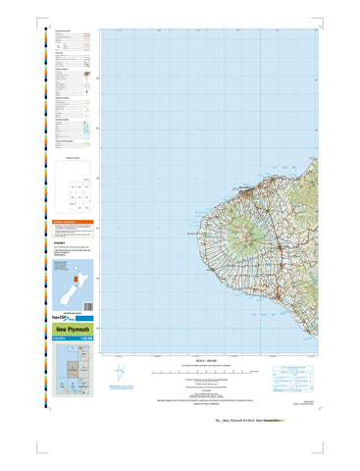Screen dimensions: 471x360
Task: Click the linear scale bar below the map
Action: [212, 372]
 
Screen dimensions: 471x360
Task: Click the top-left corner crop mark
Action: [36, 14]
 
